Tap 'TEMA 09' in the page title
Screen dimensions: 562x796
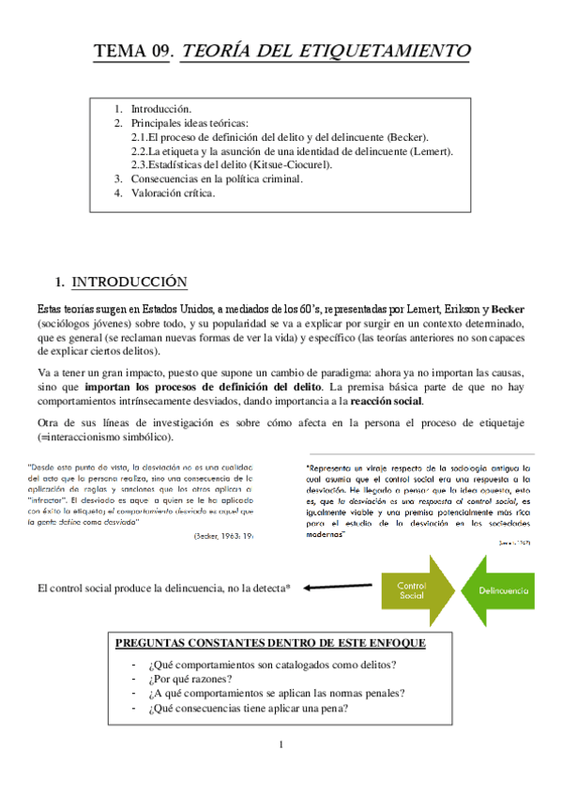tap(133, 51)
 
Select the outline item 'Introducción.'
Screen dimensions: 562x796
tap(161, 109)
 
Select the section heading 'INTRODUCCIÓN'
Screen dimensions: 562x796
tap(129, 283)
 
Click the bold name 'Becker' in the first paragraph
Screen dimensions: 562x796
tap(508, 309)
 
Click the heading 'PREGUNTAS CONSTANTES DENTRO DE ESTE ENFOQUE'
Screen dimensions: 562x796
tap(269, 643)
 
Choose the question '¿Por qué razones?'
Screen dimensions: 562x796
tap(191, 680)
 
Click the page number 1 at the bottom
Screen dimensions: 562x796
tap(280, 745)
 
